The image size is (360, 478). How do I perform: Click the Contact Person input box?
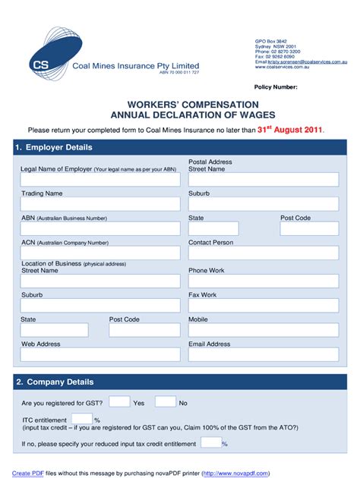click(263, 253)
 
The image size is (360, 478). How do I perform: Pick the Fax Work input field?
click(263, 305)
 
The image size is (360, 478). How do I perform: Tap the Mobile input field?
click(263, 330)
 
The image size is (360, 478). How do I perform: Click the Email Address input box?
click(263, 355)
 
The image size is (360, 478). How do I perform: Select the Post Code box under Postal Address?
click(309, 228)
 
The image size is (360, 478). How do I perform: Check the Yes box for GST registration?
click(119, 401)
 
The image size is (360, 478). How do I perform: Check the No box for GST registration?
click(165, 401)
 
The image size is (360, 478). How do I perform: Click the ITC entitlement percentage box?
click(83, 419)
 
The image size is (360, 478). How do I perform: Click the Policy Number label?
click(276, 87)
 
